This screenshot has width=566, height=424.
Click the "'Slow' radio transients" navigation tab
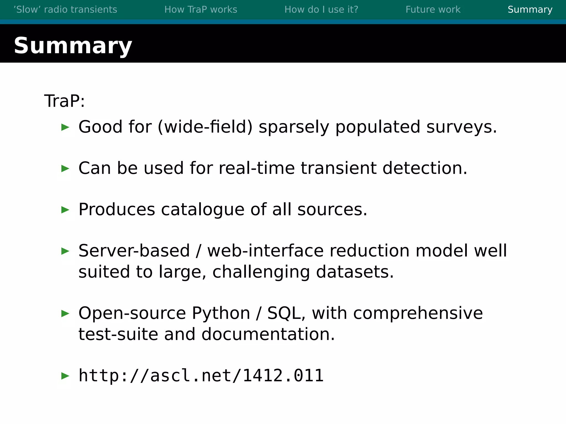point(65,10)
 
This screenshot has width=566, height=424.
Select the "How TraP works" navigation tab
point(201,10)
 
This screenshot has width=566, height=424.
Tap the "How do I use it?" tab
point(321,10)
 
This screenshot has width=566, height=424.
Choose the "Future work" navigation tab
point(433,10)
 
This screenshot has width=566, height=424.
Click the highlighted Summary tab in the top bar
point(530,10)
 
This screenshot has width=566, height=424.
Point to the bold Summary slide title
point(73,46)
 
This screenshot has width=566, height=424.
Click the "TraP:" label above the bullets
point(64,101)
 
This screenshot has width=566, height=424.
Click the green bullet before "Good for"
point(65,127)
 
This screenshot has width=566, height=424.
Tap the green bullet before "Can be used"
point(65,168)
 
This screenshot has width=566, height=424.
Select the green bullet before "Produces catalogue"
point(65,210)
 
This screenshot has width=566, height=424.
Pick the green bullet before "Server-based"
point(65,251)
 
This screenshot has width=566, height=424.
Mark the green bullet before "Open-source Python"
point(65,313)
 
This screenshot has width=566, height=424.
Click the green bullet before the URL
point(65,376)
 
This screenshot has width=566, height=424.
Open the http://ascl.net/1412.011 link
point(201,376)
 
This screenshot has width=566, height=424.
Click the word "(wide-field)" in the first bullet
point(205,127)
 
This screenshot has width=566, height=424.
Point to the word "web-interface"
point(265,251)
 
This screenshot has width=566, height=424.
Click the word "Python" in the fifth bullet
point(221,313)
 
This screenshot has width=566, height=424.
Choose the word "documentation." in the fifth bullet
point(268,334)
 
